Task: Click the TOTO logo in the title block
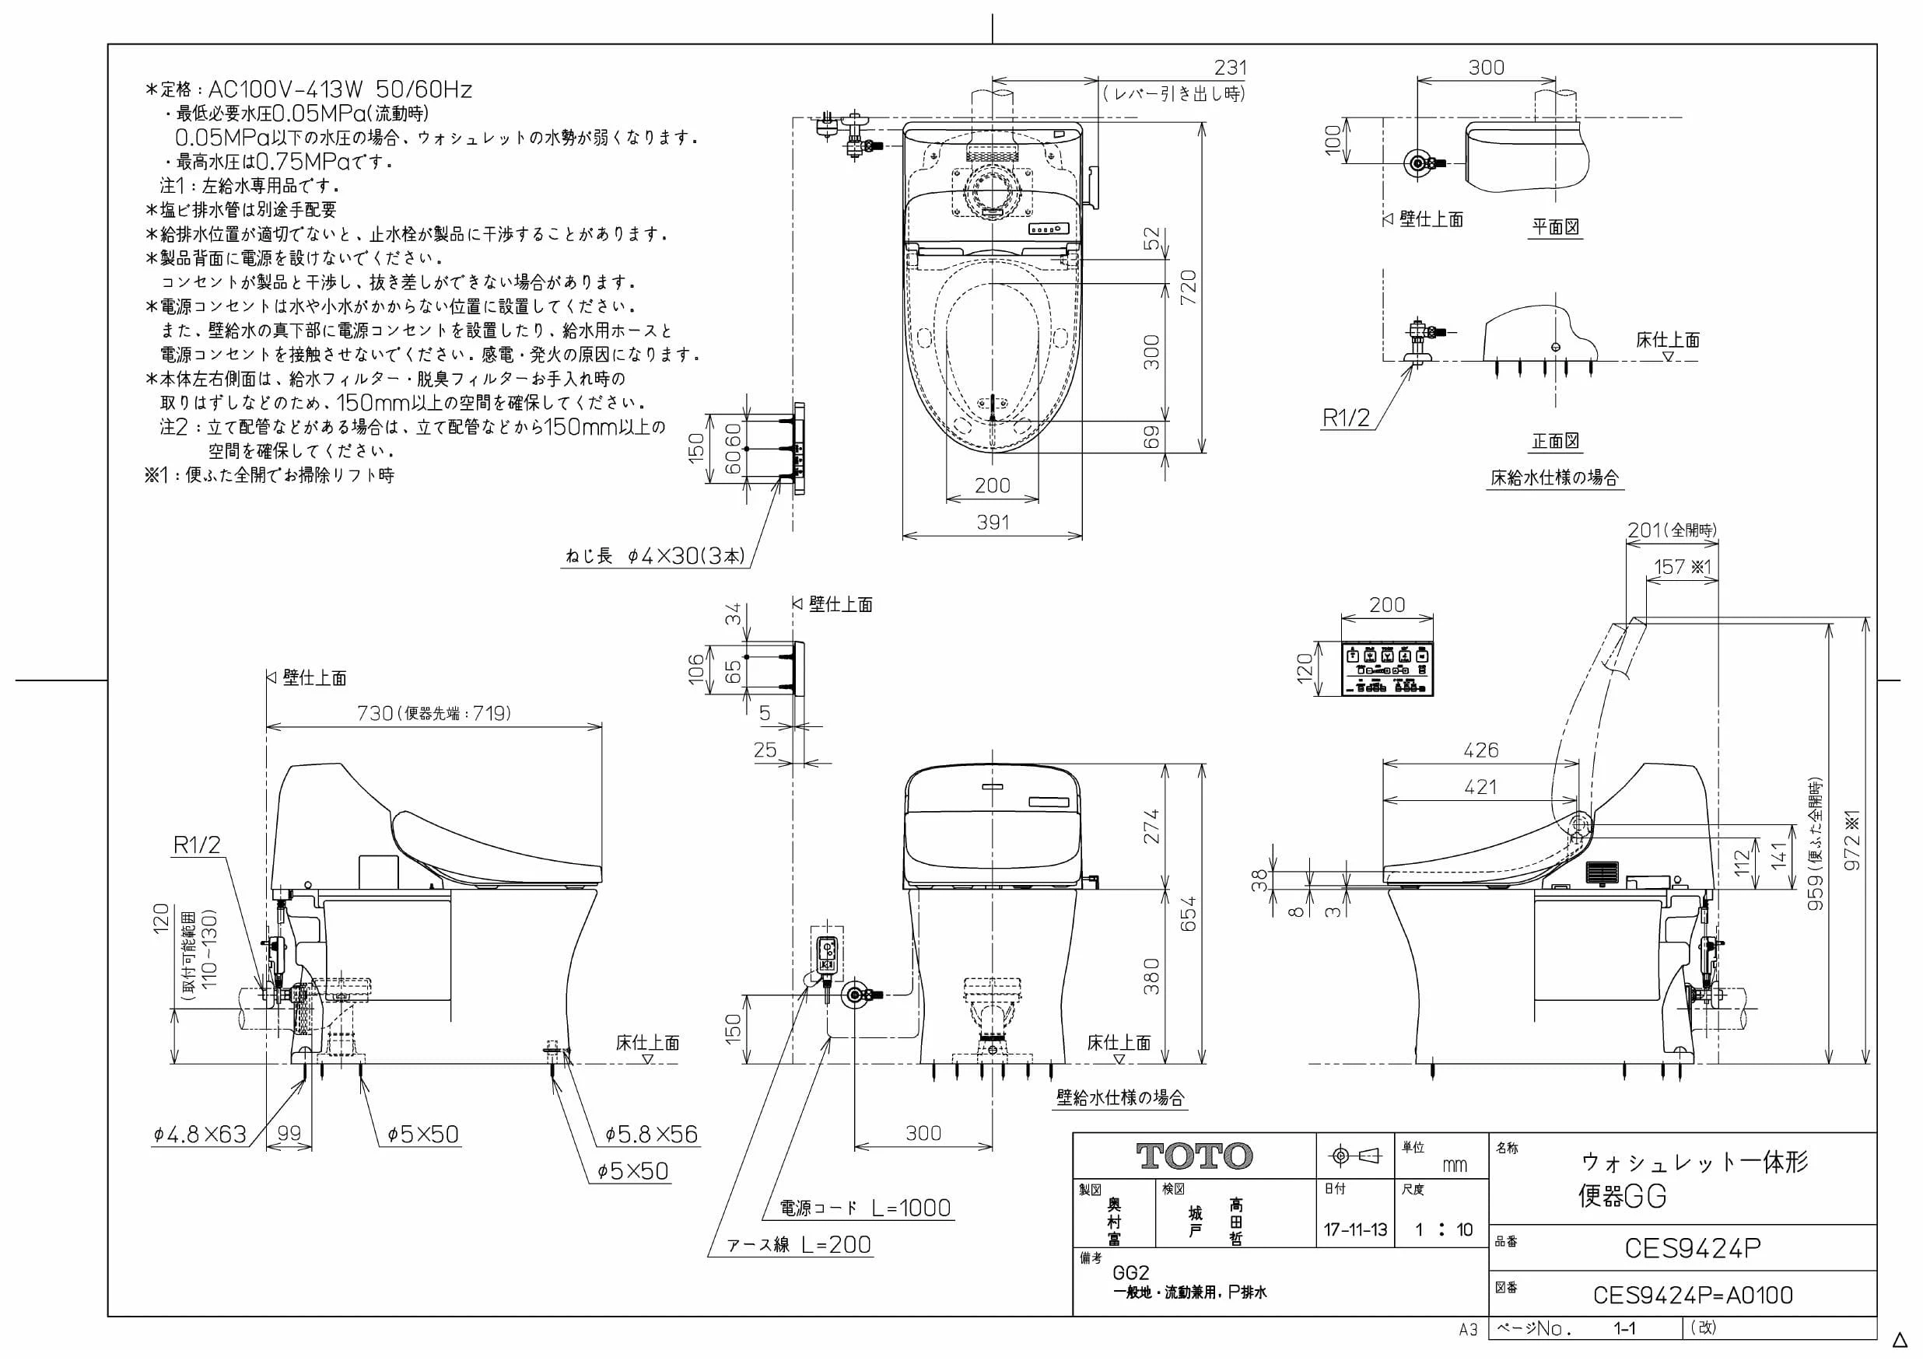pos(1194,1156)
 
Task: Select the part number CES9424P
pos(1692,1248)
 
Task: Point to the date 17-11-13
pos(1355,1229)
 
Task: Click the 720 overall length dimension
pos(1188,288)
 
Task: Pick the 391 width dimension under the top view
pos(993,522)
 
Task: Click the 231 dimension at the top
pos(1231,67)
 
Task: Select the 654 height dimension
pos(1188,914)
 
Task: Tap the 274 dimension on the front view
pos(1151,825)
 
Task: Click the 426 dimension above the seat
pos(1480,750)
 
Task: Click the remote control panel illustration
pos(1387,669)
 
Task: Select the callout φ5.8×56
pos(651,1135)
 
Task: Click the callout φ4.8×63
pos(200,1135)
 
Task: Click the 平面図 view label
pos(1555,227)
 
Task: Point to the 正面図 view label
pos(1555,441)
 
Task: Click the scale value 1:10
pos(1443,1229)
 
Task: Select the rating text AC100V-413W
pos(285,89)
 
